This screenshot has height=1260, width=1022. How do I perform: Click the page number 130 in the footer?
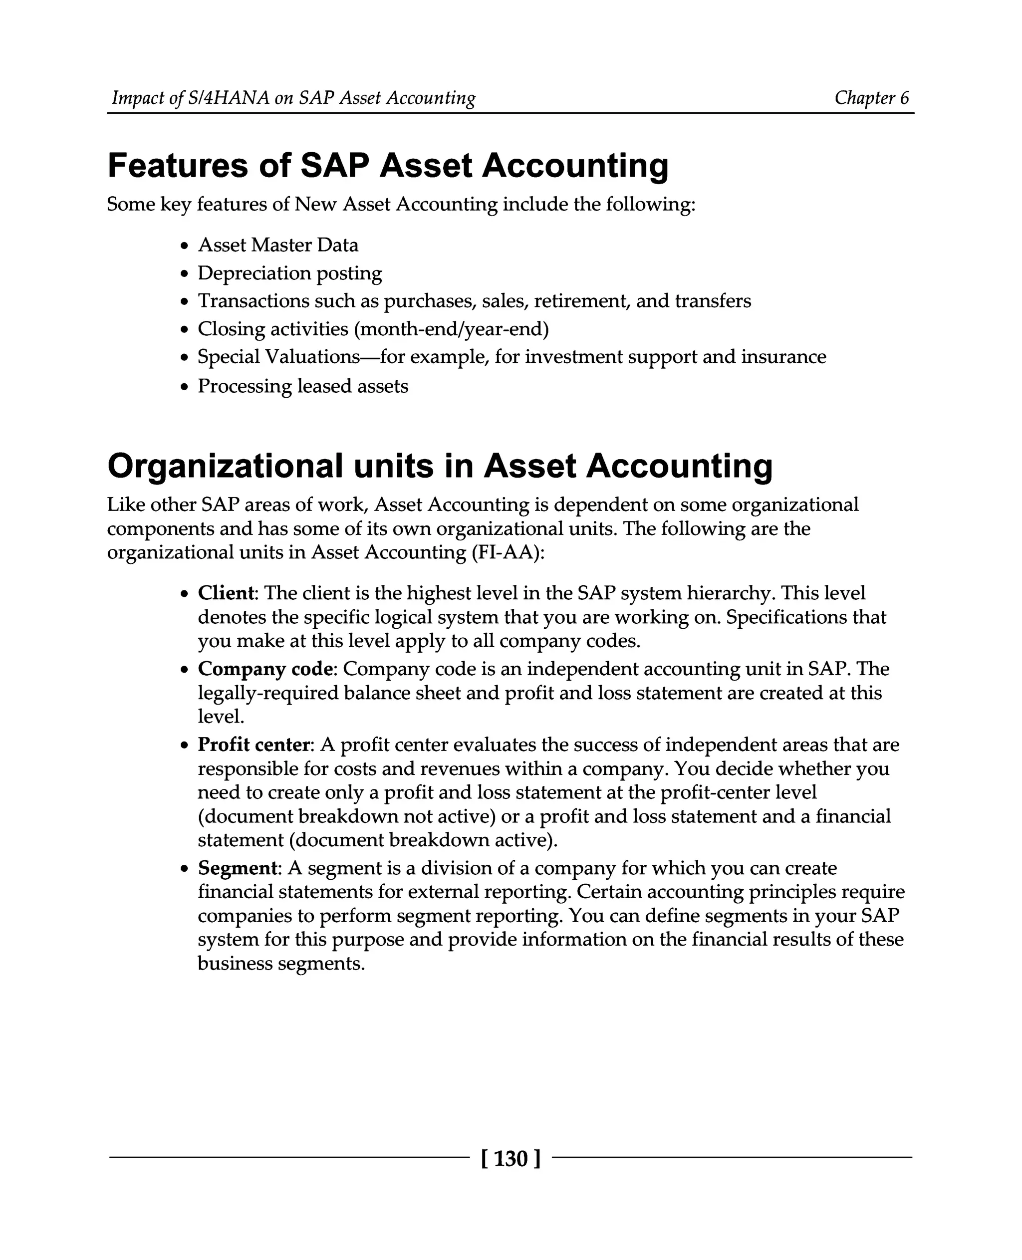tap(511, 1159)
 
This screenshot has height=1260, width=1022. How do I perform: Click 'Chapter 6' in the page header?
tap(871, 98)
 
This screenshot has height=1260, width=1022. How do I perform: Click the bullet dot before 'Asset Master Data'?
tap(185, 246)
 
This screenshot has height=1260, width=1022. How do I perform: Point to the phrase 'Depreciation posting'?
tap(289, 273)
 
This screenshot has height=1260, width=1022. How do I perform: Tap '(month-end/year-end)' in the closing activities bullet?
tap(451, 329)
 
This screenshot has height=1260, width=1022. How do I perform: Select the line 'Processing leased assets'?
tap(302, 386)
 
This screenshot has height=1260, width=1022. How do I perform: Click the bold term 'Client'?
tap(226, 593)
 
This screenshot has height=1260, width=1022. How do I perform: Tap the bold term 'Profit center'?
tap(254, 745)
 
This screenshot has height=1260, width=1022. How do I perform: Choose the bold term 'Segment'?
tap(237, 868)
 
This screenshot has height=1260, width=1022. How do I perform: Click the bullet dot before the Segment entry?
tap(185, 869)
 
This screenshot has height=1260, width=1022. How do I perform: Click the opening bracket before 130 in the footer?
tap(484, 1159)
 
